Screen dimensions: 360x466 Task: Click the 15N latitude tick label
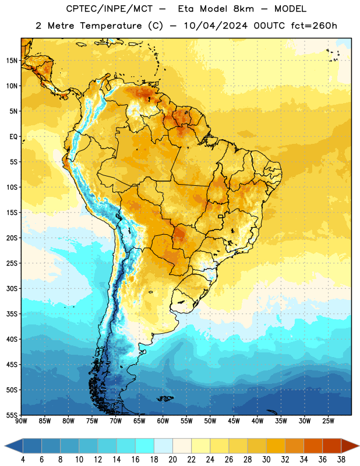pos(12,61)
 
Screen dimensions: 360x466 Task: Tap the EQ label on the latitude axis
pos(13,137)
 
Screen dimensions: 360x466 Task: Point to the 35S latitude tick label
pos(12,314)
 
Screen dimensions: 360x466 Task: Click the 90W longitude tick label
pos(21,421)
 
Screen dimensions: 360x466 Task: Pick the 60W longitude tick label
pos(163,421)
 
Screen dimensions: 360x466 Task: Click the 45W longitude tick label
pos(234,421)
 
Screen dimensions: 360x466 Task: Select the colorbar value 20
pos(172,460)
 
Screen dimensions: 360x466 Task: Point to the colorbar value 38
pos(341,460)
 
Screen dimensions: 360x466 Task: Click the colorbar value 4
pos(23,460)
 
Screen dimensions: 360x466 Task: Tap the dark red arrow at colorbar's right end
pos(350,446)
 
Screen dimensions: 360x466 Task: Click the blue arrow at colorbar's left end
pos(14,446)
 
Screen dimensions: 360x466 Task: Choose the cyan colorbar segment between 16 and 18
pos(145,446)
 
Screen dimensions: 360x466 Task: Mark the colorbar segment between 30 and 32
pos(276,446)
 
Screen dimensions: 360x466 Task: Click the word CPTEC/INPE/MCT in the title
pos(110,9)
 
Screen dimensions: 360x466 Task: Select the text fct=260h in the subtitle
pos(314,26)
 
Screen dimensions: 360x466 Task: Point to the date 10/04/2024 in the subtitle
pos(216,26)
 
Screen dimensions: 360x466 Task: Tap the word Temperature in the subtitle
pos(111,26)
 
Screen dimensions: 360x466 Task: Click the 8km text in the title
pos(243,9)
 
